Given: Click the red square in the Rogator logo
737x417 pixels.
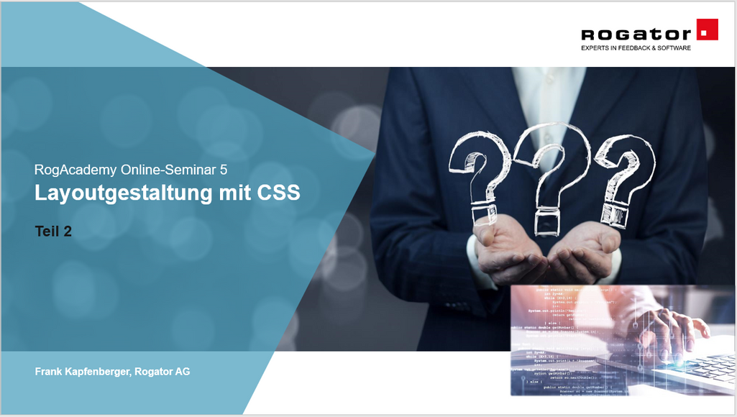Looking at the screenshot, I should tap(708, 30).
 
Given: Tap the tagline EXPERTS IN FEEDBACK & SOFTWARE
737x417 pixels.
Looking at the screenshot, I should tap(636, 48).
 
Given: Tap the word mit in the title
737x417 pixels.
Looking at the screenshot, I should tap(237, 193).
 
